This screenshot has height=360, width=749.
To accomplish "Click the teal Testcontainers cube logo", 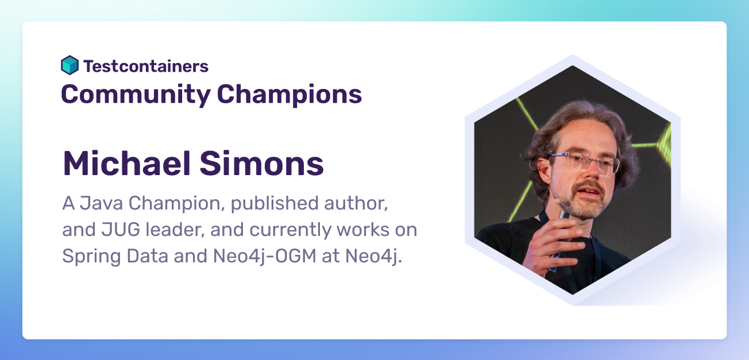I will click(x=70, y=65).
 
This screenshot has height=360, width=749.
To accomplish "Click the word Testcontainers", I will click(x=146, y=66).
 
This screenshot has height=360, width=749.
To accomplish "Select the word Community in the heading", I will click(x=136, y=94).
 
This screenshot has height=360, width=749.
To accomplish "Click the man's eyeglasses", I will click(x=582, y=162).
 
